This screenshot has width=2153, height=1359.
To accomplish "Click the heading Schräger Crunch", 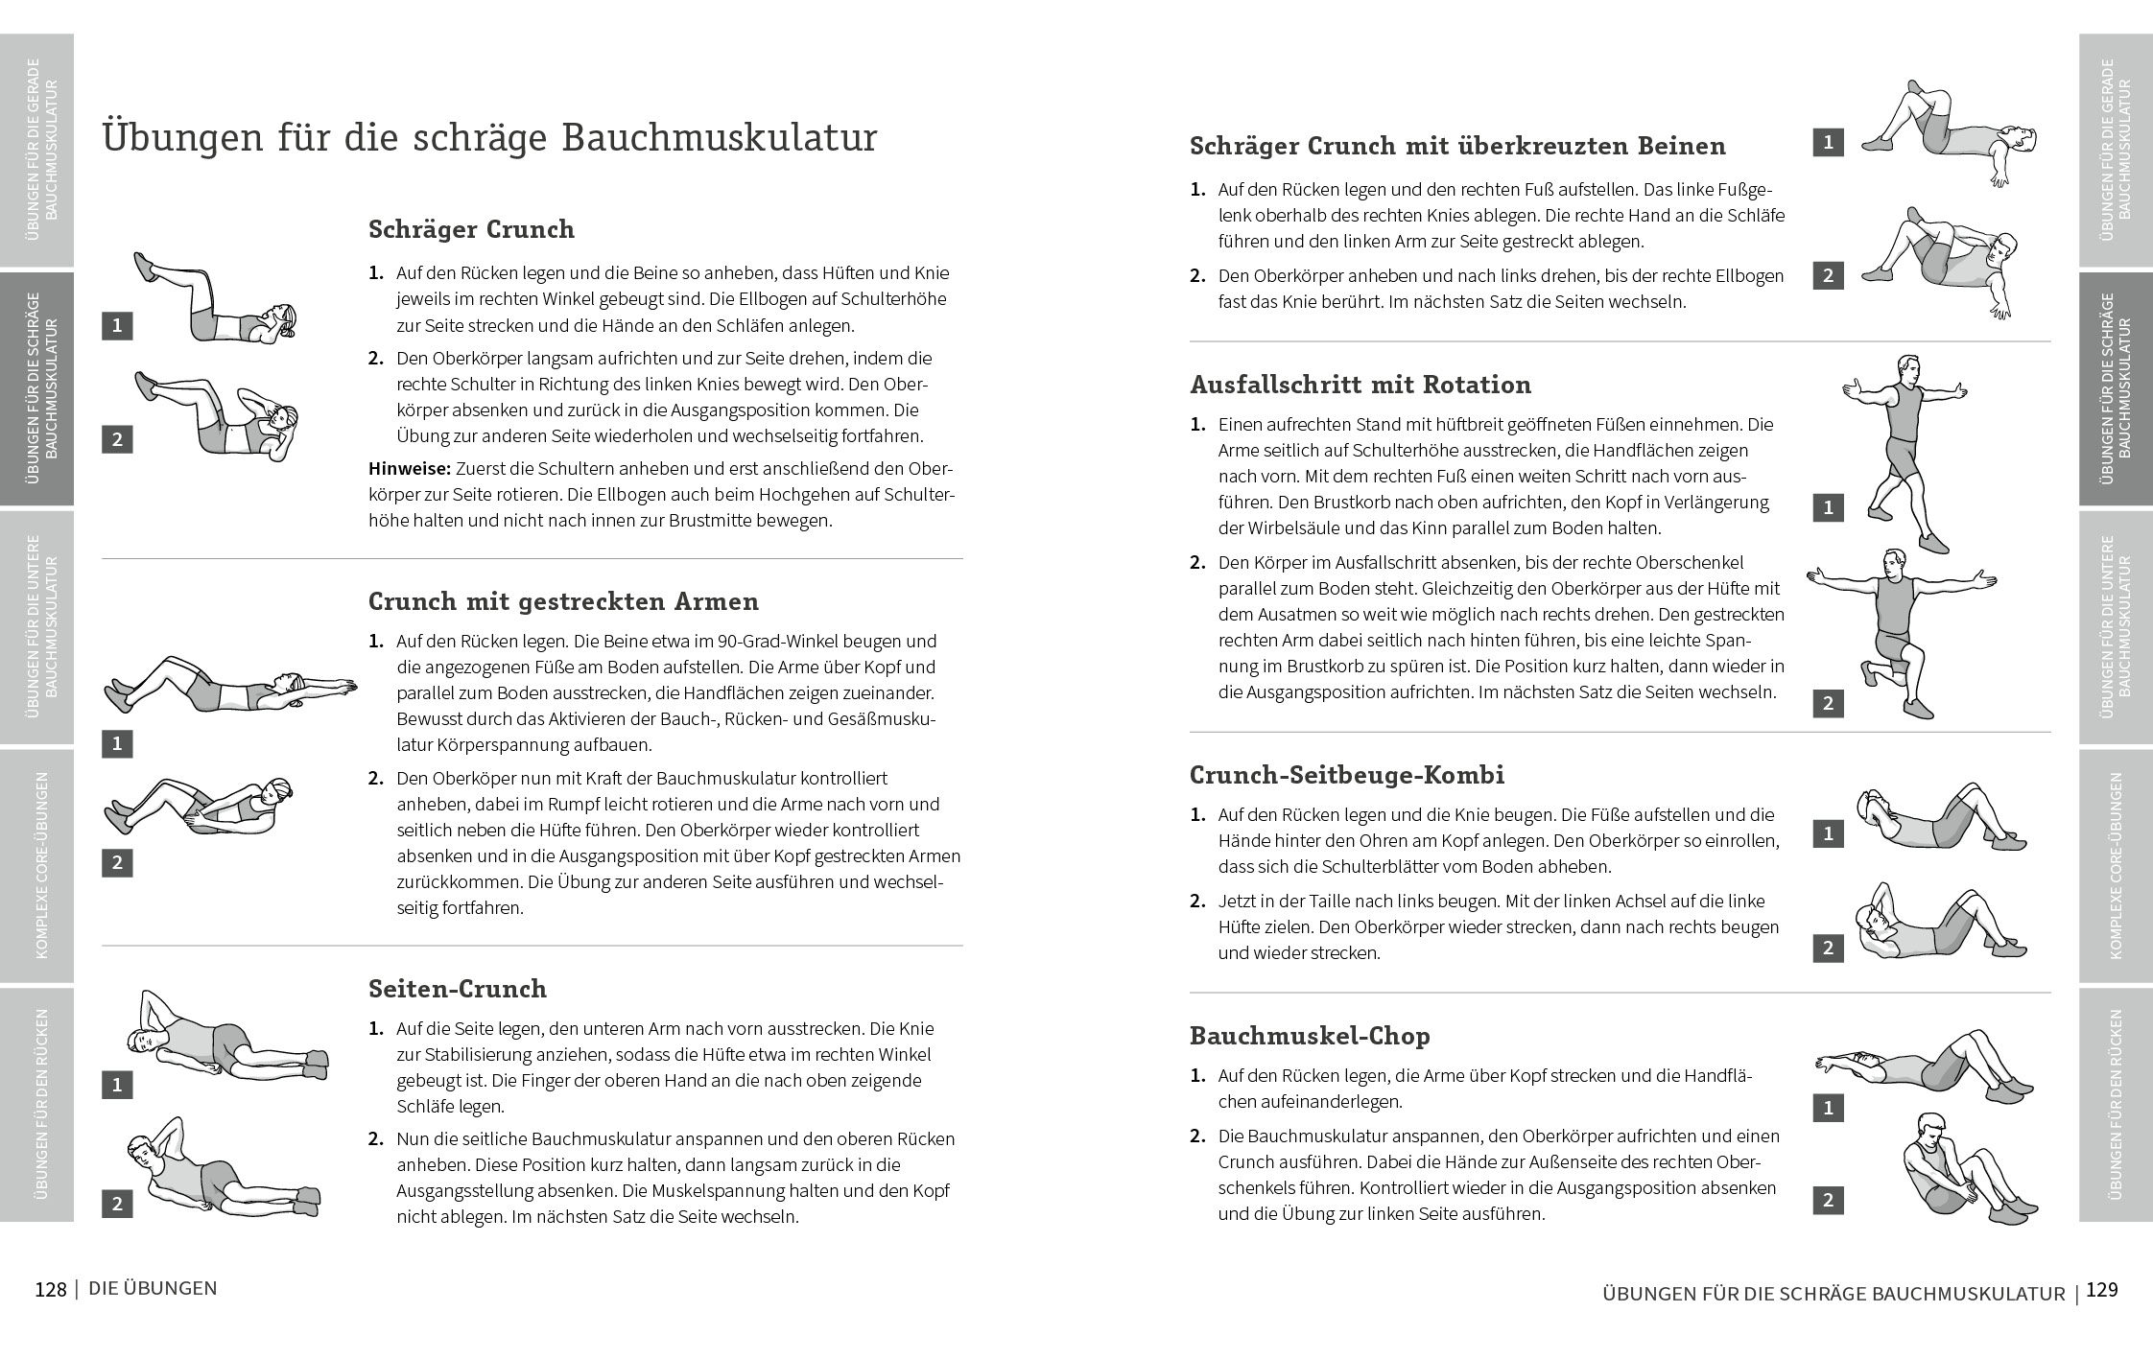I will pos(471,230).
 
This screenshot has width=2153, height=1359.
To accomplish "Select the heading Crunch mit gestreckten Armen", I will pos(563,602).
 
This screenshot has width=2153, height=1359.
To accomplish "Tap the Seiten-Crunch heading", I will pos(457,989).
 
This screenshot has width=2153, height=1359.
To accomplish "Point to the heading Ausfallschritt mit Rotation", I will pos(1360,386).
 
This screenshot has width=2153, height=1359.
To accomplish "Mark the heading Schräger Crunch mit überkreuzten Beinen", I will pos(1457,147).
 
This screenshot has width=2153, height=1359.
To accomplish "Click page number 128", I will pos(51,1290).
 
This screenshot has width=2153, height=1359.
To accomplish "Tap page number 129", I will pos(2101,1290).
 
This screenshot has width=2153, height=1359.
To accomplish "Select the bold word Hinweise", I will pos(409,469).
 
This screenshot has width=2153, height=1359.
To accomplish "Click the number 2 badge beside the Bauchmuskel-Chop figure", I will pos(1828,1200).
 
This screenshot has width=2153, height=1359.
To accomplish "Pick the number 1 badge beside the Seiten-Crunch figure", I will pos(117,1085).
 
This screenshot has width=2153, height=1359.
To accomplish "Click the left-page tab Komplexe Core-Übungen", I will pos(37,866).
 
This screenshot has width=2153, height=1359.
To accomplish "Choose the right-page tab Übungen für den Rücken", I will pos(2116,1104).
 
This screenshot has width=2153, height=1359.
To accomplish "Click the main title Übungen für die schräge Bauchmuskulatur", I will pos(489,138).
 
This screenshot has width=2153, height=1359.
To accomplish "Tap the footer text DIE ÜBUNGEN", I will pos(153,1289).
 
